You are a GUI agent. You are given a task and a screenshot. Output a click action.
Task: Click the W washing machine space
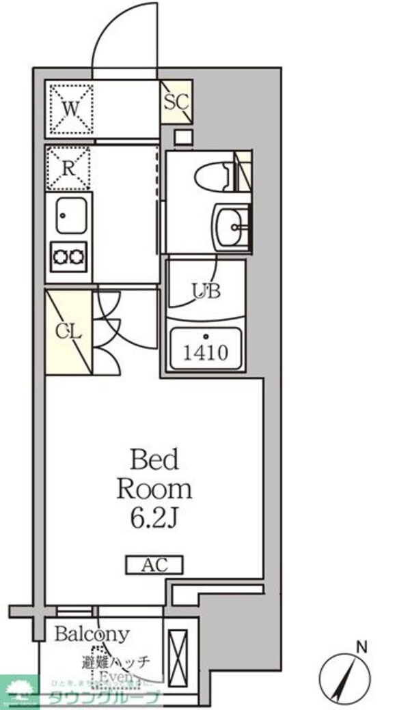coord(68,108)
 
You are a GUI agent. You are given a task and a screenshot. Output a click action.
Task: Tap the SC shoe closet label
coord(176,101)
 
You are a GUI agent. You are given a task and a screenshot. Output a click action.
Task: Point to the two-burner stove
coord(69,256)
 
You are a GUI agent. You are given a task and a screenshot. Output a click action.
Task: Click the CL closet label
coord(68,332)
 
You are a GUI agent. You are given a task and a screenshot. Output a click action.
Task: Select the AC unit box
coord(154,565)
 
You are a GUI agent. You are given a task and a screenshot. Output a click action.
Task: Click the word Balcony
coord(92,634)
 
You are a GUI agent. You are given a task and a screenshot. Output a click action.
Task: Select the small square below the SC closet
coord(182,137)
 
